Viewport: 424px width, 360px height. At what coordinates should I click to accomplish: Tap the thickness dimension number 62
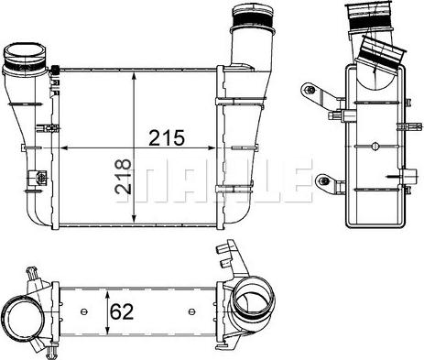(x=123, y=311)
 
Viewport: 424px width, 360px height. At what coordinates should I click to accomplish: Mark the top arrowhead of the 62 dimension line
(x=107, y=292)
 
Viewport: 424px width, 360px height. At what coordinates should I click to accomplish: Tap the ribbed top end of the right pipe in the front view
(x=249, y=19)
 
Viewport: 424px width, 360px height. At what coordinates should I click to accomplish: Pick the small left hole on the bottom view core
(x=85, y=311)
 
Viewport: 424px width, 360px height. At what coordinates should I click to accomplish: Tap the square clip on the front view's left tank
(x=38, y=178)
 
